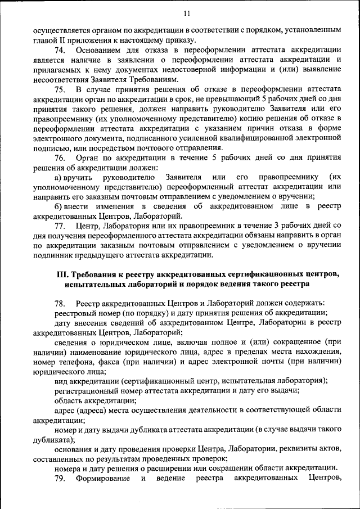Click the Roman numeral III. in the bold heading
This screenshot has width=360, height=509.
pos(64,274)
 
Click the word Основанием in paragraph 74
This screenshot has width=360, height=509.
pos(98,51)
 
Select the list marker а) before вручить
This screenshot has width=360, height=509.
pos(58,177)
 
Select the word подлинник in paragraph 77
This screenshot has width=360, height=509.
pos(53,255)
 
